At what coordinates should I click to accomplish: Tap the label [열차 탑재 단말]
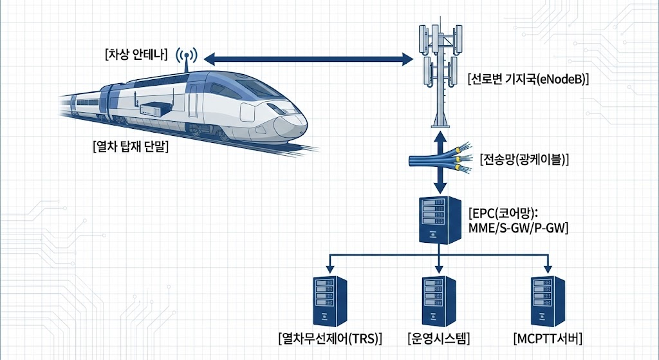click(x=130, y=147)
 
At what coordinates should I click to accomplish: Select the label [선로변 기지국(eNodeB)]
click(x=529, y=81)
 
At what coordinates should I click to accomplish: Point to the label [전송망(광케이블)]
click(x=525, y=159)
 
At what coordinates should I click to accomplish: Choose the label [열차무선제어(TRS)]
click(x=328, y=337)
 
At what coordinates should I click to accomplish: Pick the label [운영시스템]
click(x=439, y=337)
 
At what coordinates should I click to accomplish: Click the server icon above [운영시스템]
click(x=439, y=300)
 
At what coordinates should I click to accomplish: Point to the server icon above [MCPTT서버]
click(x=549, y=300)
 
